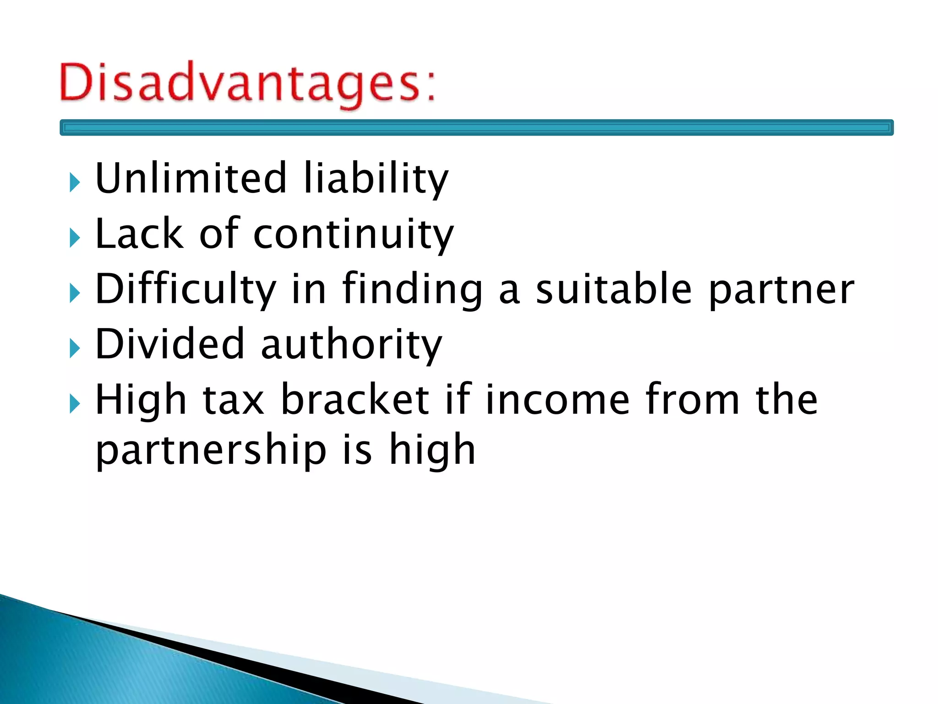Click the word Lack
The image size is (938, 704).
pyautogui.click(x=139, y=234)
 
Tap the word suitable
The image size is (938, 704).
pyautogui.click(x=614, y=289)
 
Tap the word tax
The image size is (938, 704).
pyautogui.click(x=234, y=400)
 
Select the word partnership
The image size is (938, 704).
pyautogui.click(x=211, y=450)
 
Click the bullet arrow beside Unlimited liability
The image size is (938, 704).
pyautogui.click(x=75, y=183)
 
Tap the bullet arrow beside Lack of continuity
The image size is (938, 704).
pyautogui.click(x=75, y=238)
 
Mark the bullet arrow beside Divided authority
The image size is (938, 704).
pyautogui.click(x=75, y=349)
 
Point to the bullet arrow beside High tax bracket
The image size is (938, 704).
pyautogui.click(x=75, y=404)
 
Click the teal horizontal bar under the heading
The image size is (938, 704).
pyautogui.click(x=476, y=127)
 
